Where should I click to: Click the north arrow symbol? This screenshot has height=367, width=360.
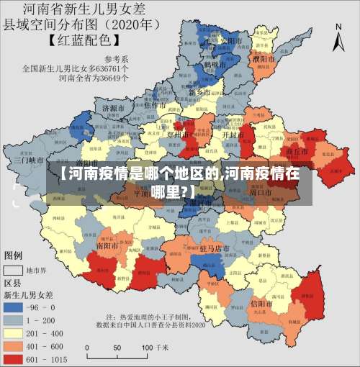338,36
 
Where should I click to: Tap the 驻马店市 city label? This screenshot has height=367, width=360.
214,248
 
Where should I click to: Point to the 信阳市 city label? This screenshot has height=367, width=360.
259,305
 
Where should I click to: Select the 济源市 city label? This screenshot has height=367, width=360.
114,109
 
